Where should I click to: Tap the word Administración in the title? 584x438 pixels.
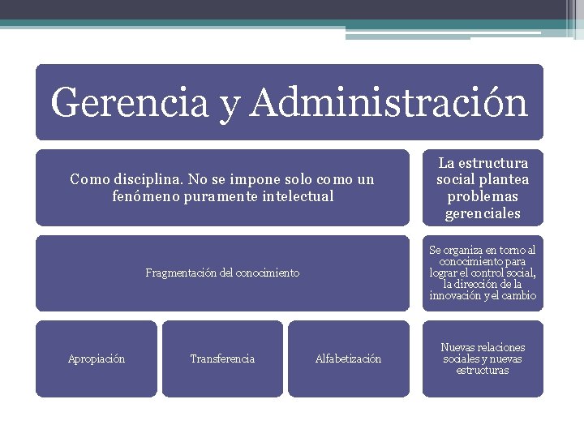389,103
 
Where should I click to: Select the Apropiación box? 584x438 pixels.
97,359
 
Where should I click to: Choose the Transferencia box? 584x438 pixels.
222,359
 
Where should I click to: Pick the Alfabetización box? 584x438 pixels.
348,359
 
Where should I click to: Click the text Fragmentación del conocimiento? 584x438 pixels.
222,273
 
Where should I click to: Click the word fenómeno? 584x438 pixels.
146,196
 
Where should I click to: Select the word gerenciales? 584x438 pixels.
483,214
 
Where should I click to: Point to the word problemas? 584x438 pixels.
483,197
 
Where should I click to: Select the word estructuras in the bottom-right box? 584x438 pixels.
483,371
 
